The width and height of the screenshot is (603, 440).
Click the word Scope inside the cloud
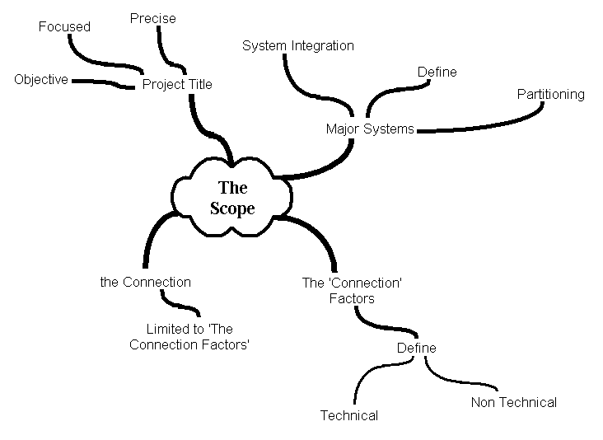[x=232, y=208]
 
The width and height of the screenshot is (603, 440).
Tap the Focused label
[x=64, y=26]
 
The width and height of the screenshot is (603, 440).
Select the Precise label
[x=153, y=18]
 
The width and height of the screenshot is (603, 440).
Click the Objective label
[x=41, y=80]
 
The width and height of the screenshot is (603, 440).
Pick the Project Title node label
[x=177, y=84]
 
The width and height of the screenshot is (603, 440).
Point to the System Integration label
[x=298, y=46]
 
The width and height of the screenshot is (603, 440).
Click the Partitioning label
[x=550, y=94]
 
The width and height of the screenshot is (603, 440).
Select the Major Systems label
[x=370, y=129]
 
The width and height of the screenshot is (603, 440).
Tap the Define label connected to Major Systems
[x=437, y=73]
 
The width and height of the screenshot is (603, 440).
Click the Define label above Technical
[x=417, y=348]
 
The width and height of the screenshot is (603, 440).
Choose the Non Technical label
[x=514, y=402]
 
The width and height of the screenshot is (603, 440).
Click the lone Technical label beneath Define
[x=349, y=415]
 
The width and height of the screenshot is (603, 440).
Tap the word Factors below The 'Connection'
[x=352, y=298]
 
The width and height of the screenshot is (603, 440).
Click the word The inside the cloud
[x=232, y=188]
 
